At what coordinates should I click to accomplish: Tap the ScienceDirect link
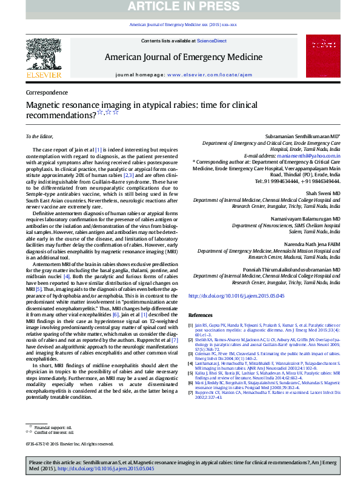210,41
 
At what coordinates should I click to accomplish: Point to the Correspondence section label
47,93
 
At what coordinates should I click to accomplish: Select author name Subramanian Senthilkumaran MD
303,137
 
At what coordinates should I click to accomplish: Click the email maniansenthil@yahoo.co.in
310,156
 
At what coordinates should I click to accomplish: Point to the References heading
201,316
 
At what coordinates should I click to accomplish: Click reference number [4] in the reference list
192,362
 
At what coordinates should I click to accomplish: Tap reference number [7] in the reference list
192,392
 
